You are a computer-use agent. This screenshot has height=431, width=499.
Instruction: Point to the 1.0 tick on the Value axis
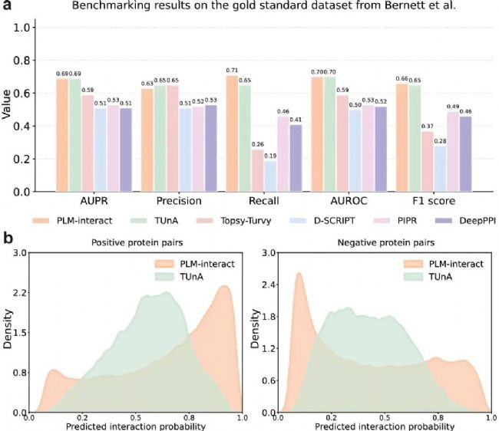25,28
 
